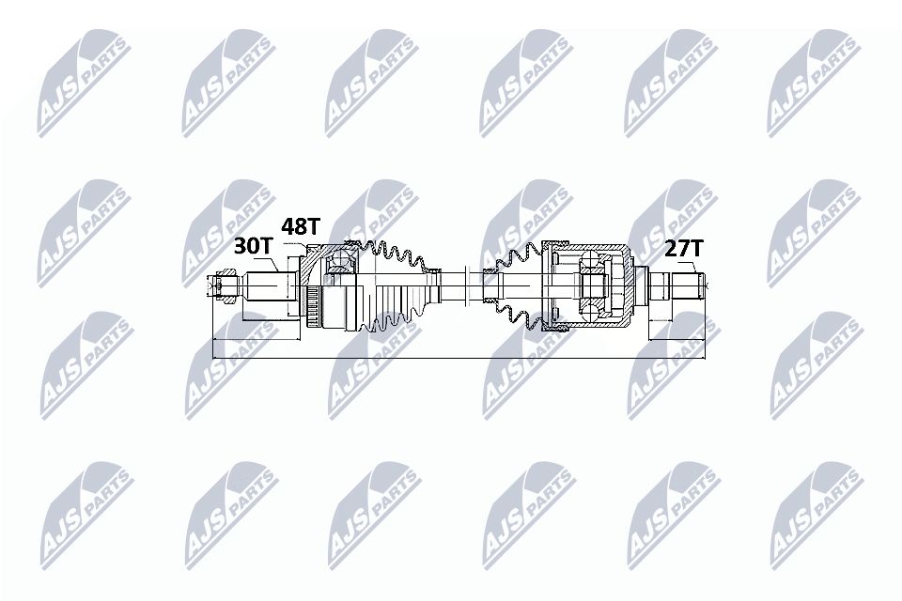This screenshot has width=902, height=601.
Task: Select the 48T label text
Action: (x=302, y=227)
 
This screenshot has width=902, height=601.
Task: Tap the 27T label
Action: (x=683, y=249)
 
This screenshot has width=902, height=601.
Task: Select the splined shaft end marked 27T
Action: (x=681, y=284)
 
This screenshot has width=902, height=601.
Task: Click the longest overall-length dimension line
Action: (x=460, y=358)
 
